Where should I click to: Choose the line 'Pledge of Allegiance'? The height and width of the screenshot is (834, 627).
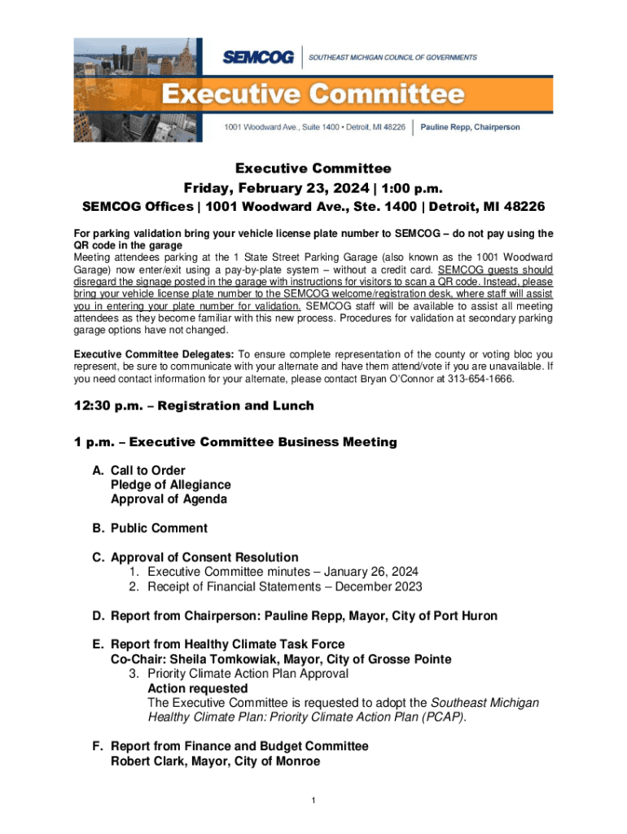(x=171, y=485)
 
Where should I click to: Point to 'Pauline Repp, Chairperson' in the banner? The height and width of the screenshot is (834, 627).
(x=471, y=127)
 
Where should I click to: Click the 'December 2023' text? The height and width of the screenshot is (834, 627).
(x=384, y=586)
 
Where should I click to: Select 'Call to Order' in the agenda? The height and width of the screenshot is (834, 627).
(x=148, y=470)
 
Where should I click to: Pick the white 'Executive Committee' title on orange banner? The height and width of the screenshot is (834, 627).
(x=313, y=95)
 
